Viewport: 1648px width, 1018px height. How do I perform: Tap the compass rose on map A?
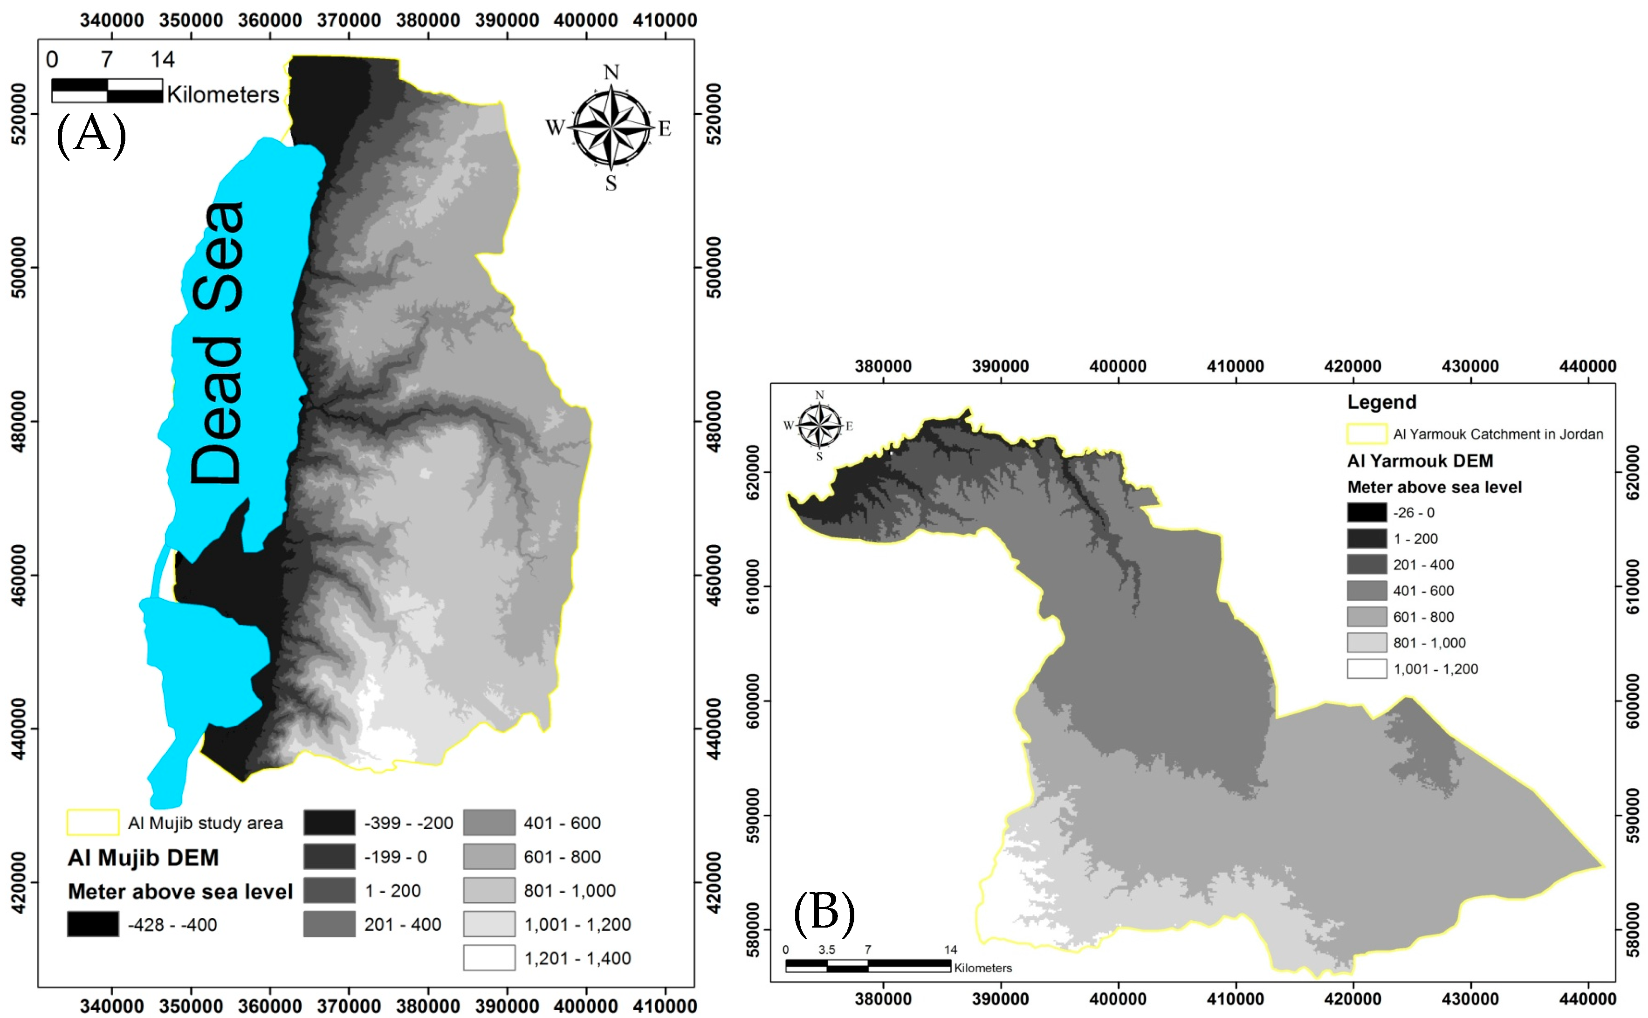point(611,127)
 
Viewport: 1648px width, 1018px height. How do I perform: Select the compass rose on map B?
point(819,426)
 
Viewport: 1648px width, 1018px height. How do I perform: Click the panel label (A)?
point(91,135)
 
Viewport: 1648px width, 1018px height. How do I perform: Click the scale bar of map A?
point(107,91)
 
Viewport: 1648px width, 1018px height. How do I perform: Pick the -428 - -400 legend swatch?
point(93,924)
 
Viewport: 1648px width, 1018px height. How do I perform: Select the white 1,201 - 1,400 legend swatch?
point(489,957)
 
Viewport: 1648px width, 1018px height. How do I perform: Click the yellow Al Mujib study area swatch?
point(93,822)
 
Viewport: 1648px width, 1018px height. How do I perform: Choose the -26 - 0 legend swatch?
point(1366,512)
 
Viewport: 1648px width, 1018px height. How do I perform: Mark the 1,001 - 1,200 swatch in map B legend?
point(1366,668)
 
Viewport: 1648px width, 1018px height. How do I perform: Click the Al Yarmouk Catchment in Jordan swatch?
point(1366,433)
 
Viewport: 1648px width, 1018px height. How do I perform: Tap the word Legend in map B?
point(1381,402)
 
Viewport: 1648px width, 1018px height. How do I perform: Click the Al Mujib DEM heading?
point(144,857)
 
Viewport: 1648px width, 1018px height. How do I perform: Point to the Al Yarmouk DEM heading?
point(1420,461)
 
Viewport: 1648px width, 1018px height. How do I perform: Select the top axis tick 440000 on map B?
point(1587,366)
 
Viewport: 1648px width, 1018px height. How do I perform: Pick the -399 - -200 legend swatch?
point(329,822)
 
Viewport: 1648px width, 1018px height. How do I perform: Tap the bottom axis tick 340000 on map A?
point(112,1006)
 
